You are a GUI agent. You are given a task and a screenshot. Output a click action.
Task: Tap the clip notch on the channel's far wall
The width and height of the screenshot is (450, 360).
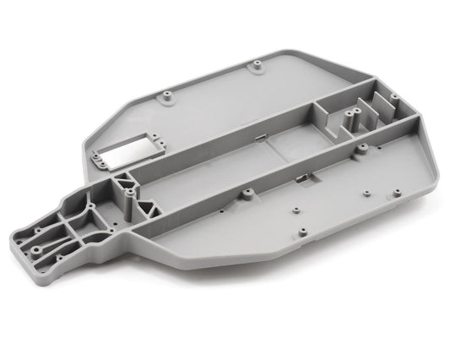tap(259, 135)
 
